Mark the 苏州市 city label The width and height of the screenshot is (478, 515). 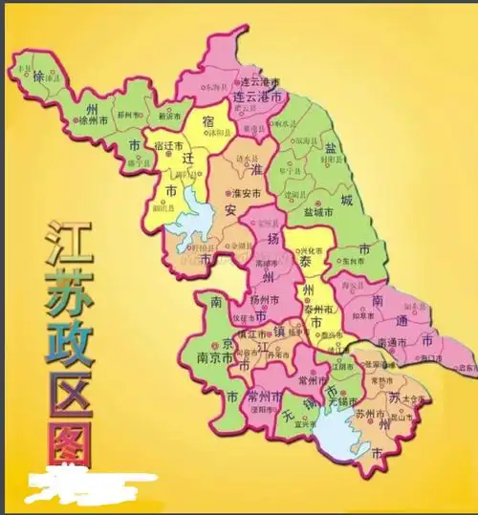tap(369, 414)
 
